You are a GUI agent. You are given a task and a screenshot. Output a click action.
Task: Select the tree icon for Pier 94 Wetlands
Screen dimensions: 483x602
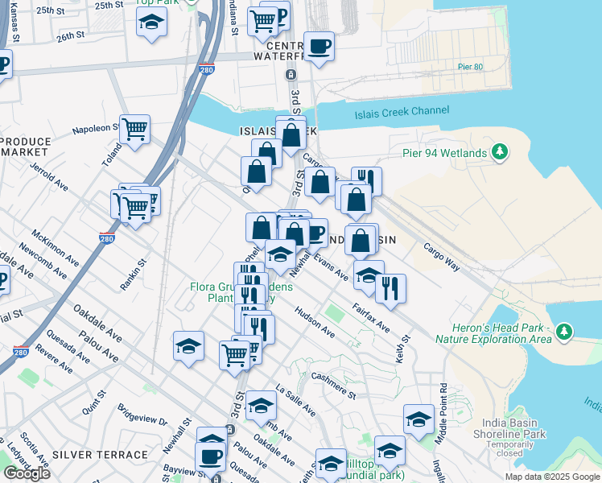[500, 151]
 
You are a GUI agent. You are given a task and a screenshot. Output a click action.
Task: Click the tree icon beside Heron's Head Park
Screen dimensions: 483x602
[564, 331]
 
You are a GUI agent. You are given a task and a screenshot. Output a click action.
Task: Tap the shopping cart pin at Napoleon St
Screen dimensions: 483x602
[135, 128]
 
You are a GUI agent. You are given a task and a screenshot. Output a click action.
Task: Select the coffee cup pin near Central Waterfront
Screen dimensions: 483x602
[320, 46]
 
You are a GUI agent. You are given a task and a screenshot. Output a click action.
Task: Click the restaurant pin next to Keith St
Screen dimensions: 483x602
[390, 287]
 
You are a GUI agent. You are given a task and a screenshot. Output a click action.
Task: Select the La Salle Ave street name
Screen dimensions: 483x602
[295, 399]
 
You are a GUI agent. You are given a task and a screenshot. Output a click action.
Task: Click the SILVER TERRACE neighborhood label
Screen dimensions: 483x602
[89, 455]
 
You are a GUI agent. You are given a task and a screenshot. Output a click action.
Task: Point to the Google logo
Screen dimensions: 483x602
[27, 473]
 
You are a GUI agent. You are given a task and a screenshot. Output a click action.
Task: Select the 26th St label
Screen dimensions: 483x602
[71, 36]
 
